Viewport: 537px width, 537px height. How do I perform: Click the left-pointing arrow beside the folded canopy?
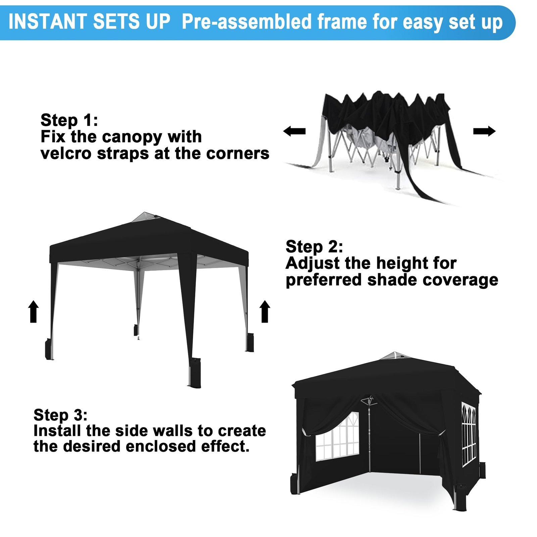294,131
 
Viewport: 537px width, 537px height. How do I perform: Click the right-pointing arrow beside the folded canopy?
484,131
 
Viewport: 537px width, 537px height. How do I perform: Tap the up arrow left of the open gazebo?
34,311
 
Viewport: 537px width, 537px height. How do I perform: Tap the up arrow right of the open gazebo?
265,311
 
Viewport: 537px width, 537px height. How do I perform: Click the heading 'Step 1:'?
69,120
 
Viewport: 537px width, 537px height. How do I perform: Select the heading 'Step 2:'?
314,247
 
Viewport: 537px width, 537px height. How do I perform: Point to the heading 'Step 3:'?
60,415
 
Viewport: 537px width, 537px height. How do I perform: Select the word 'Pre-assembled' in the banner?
247,22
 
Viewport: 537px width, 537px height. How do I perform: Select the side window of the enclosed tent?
469,434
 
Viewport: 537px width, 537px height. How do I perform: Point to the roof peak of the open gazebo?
145,213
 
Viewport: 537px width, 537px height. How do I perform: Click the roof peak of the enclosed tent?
395,353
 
